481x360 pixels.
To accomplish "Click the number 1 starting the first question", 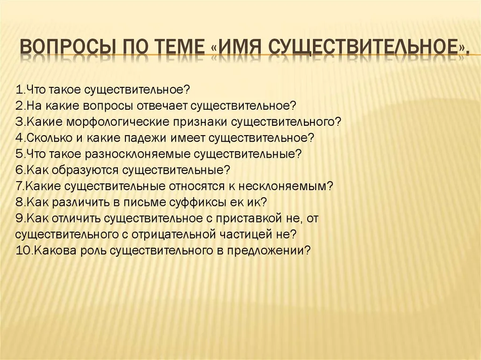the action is [x=19, y=90].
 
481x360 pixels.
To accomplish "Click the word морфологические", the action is [x=117, y=122].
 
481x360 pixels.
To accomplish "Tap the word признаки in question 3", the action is [x=200, y=122].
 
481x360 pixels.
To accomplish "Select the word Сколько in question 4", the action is [x=49, y=138].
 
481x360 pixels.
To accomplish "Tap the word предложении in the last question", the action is [x=265, y=251].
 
